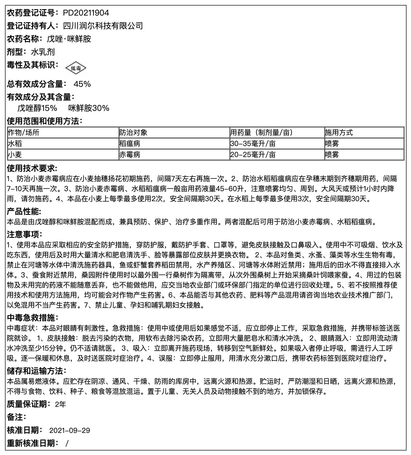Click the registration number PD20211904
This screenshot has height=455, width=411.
(86, 13)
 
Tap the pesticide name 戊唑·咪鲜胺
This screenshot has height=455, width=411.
(69, 39)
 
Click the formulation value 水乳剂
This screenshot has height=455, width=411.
(43, 52)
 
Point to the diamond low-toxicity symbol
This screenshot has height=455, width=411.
(76, 68)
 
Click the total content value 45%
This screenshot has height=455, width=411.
(82, 84)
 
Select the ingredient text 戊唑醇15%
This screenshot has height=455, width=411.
(37, 108)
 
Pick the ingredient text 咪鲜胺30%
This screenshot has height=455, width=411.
(89, 108)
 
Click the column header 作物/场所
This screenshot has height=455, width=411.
(24, 132)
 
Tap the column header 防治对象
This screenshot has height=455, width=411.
(133, 132)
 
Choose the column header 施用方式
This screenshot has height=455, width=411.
(339, 132)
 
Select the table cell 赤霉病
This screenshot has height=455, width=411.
(130, 155)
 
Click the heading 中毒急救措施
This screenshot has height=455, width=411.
(31, 318)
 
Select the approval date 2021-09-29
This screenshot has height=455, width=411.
(70, 430)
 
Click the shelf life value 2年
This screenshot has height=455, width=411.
(60, 404)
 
